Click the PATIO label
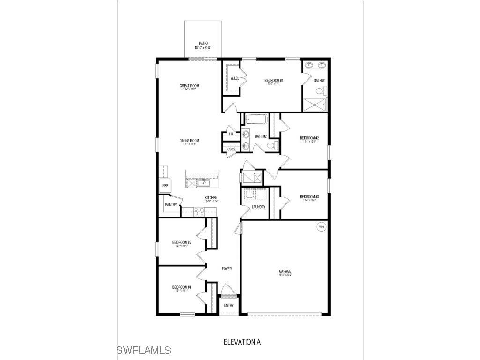click(x=203, y=43)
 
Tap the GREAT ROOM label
click(x=189, y=86)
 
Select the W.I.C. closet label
click(x=234, y=78)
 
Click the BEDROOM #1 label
click(x=274, y=81)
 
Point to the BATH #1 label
click(x=320, y=81)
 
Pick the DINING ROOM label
click(x=189, y=141)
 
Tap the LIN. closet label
click(x=231, y=134)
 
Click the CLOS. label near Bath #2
click(x=231, y=149)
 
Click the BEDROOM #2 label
click(x=309, y=138)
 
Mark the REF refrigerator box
click(x=165, y=186)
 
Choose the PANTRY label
click(x=171, y=204)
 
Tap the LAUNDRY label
click(x=258, y=207)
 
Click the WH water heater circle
click(x=321, y=227)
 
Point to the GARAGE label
click(x=285, y=271)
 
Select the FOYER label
click(x=227, y=269)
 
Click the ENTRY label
click(x=229, y=305)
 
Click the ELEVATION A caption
click(x=241, y=342)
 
